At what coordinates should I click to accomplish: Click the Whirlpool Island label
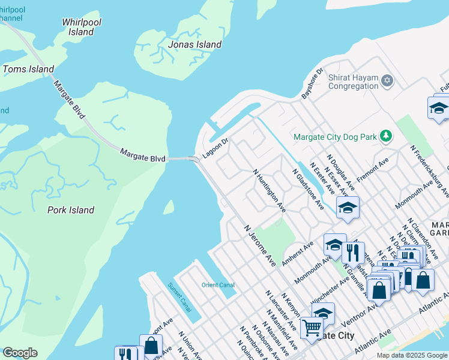click(82, 26)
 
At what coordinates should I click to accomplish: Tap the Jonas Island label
click(195, 44)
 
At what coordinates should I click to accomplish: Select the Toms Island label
click(28, 70)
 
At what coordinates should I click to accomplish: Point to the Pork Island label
click(71, 210)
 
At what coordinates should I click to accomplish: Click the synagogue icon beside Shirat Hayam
click(388, 80)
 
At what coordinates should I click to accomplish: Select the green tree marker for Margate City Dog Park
click(388, 137)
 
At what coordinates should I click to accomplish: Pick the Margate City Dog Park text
click(335, 137)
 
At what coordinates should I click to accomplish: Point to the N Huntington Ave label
click(269, 191)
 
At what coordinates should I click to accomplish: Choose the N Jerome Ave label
click(260, 246)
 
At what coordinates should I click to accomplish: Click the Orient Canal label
click(218, 285)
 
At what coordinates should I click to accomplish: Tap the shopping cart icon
click(312, 328)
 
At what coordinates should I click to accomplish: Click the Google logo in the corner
click(20, 353)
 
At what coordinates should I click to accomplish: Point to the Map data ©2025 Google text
click(411, 355)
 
